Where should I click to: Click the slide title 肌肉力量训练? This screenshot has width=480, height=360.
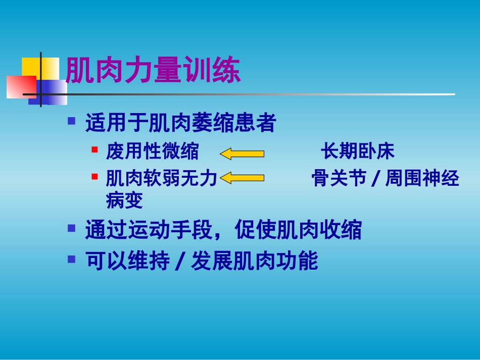pyautogui.click(x=153, y=70)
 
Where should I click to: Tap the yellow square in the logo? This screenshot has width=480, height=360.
pyautogui.click(x=40, y=69)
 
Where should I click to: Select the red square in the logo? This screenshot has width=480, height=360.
pyautogui.click(x=21, y=87)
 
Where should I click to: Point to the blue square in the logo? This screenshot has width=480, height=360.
pyautogui.click(x=48, y=92)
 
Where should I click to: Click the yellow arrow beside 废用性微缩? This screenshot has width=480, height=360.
pyautogui.click(x=242, y=153)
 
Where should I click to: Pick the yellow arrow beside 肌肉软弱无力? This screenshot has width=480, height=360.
pyautogui.click(x=242, y=178)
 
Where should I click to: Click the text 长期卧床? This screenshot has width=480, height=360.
pyautogui.click(x=358, y=151)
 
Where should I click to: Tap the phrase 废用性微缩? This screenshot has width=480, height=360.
pyautogui.click(x=153, y=151)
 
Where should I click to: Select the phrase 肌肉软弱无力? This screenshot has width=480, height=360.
pyautogui.click(x=161, y=178)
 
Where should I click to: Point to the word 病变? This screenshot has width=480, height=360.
pyautogui.click(x=124, y=200)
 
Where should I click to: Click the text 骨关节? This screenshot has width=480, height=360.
pyautogui.click(x=339, y=178)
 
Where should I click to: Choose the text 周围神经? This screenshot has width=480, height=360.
pyautogui.click(x=422, y=178)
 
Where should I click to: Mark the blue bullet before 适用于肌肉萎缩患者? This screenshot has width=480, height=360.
pyautogui.click(x=72, y=121)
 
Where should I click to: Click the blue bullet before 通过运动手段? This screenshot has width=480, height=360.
pyautogui.click(x=72, y=228)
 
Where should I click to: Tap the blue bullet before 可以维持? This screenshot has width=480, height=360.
pyautogui.click(x=72, y=260)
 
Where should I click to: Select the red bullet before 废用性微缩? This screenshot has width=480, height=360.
pyautogui.click(x=94, y=149)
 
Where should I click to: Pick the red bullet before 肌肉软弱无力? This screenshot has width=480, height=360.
pyautogui.click(x=94, y=177)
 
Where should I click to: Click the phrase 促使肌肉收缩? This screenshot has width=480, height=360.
pyautogui.click(x=298, y=229)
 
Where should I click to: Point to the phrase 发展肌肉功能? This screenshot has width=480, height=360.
pyautogui.click(x=255, y=261)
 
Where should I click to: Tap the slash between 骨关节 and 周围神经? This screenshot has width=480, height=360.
pyautogui.click(x=375, y=179)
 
